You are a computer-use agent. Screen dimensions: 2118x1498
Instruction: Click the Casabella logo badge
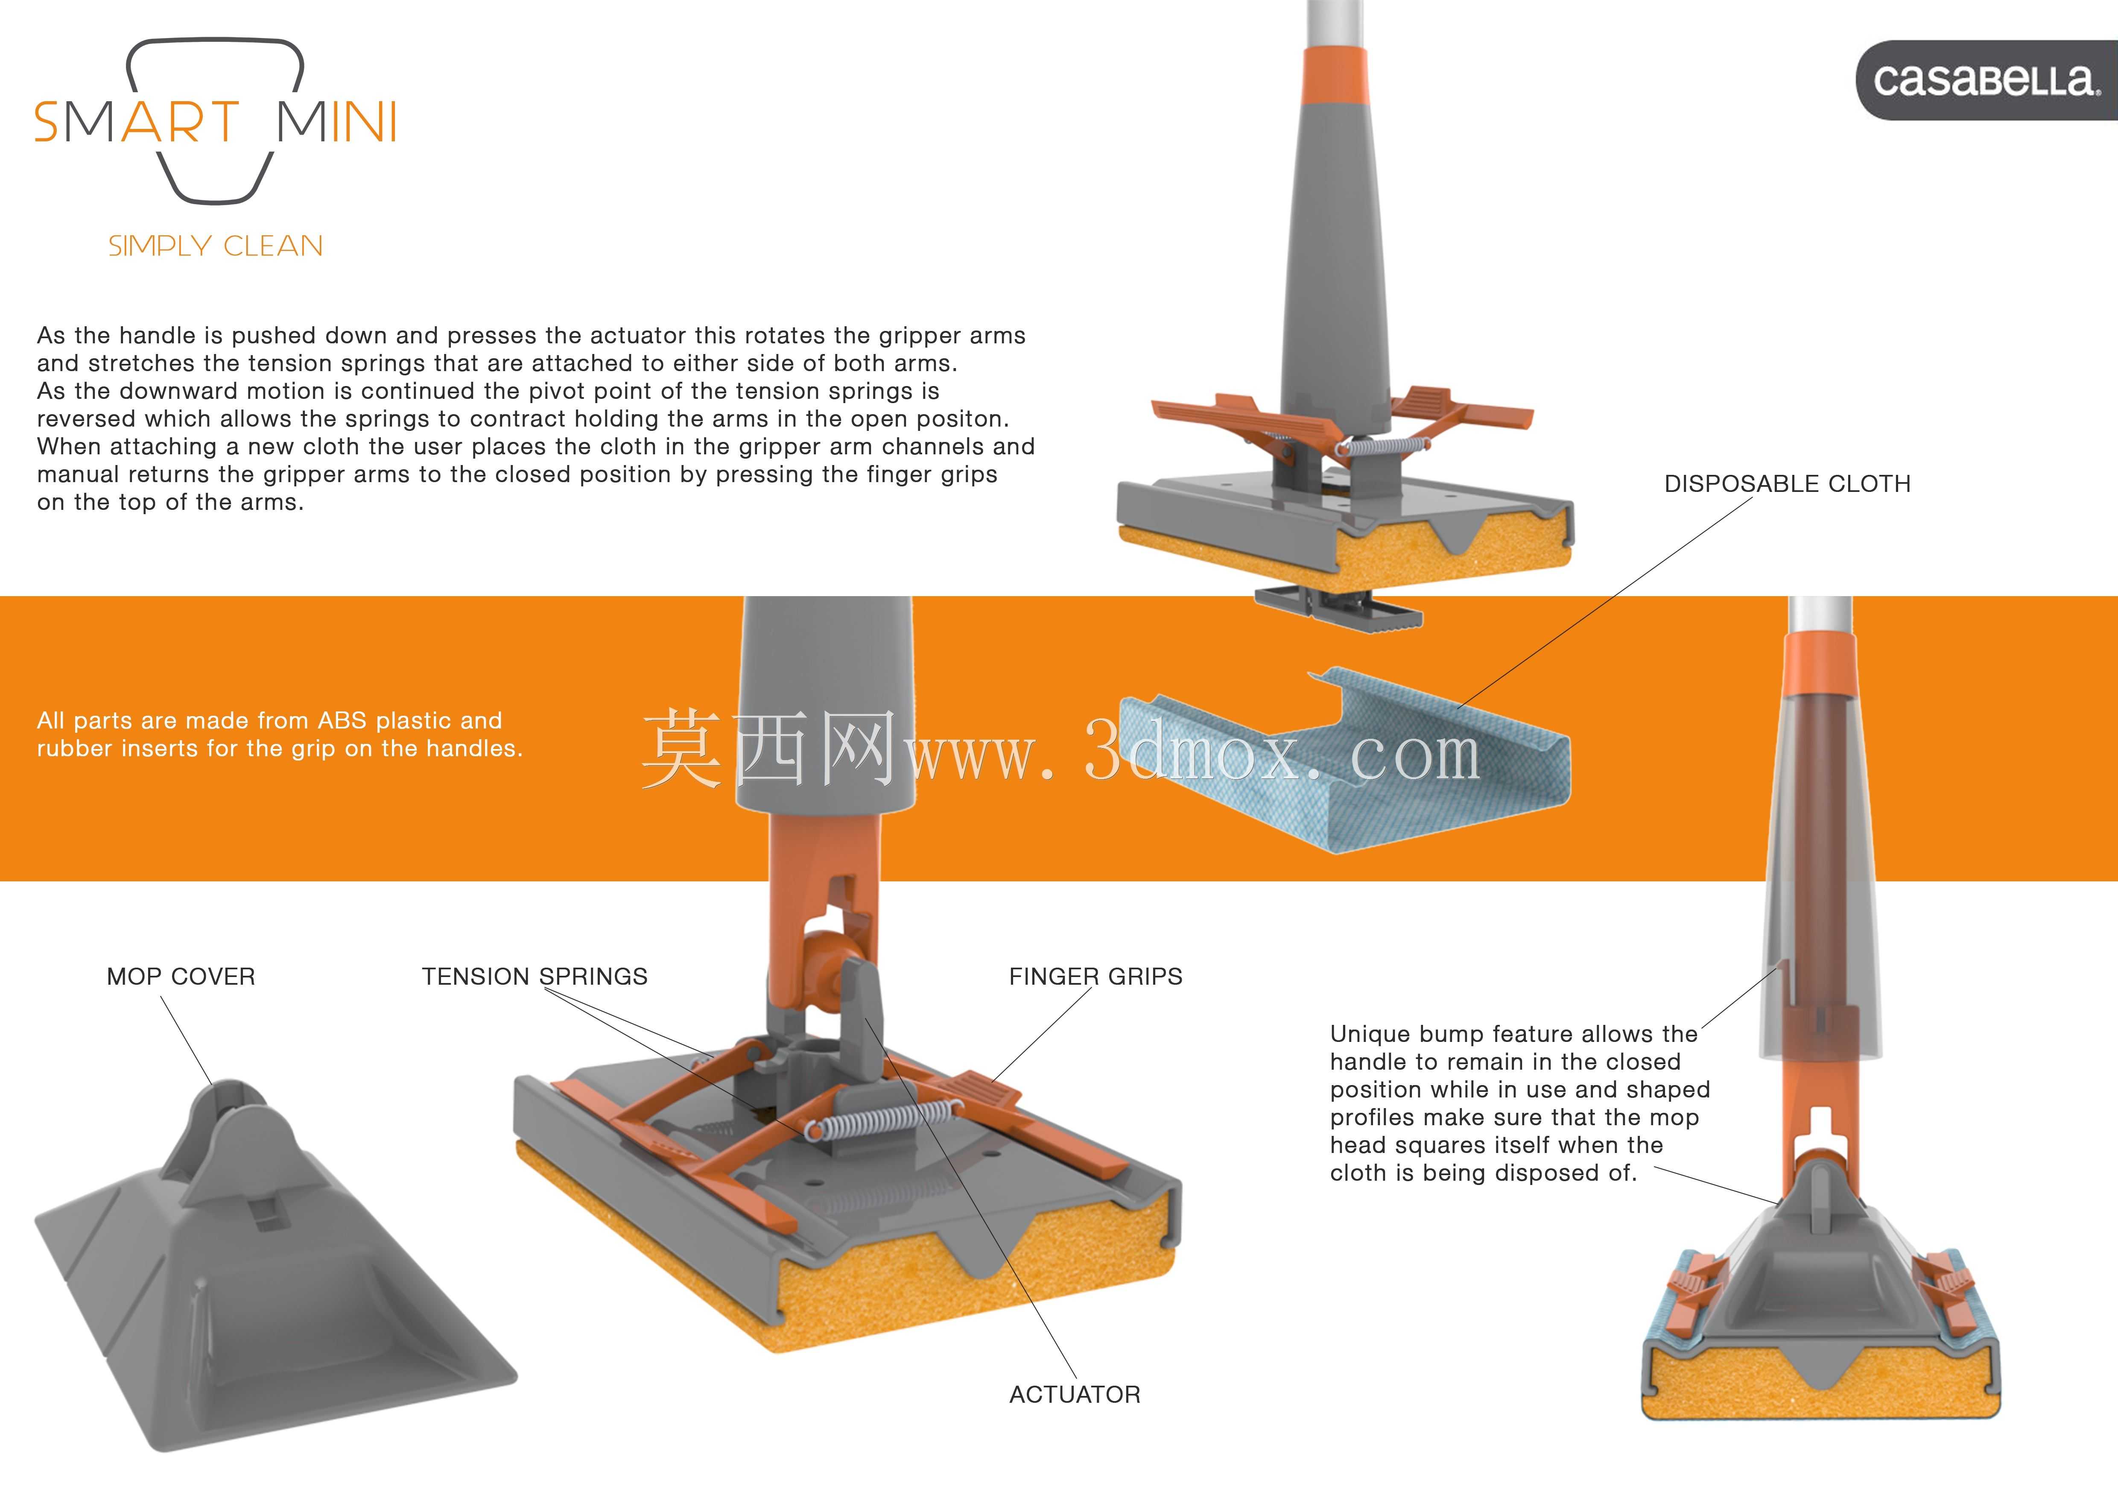click(x=1986, y=80)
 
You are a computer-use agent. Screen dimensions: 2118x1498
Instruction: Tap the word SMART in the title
click(x=137, y=122)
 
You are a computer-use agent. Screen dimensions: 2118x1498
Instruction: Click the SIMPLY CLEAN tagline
click(x=216, y=246)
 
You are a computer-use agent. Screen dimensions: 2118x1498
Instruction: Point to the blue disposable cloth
click(x=1344, y=759)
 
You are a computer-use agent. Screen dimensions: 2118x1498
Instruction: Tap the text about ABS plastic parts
click(x=280, y=734)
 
